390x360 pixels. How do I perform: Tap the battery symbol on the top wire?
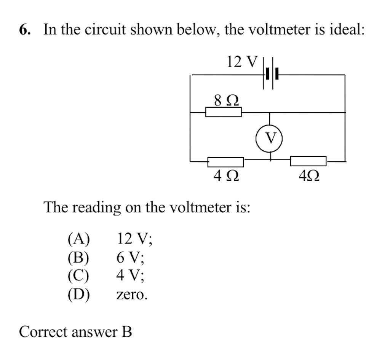point(271,74)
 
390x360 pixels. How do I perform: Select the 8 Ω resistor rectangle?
point(224,112)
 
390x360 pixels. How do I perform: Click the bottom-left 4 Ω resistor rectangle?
point(225,162)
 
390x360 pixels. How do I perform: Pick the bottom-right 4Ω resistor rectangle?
point(308,161)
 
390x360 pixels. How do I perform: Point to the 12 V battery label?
point(242,62)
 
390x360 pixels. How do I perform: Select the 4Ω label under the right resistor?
point(309,175)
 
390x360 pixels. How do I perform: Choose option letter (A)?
point(79,239)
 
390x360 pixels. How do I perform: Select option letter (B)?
point(79,258)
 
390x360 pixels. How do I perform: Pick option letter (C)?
point(79,276)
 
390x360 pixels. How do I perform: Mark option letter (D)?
point(79,295)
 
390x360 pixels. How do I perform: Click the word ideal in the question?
point(345,29)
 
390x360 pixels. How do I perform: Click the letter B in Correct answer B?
point(127,332)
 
